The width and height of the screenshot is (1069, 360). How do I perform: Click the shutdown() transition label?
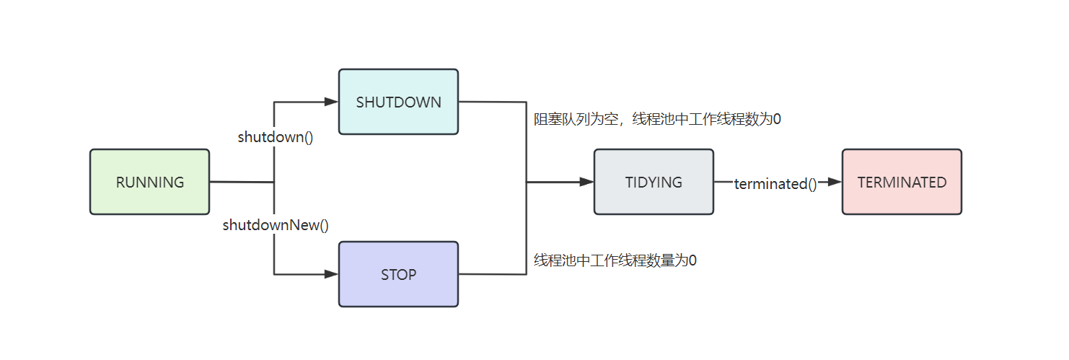coord(276,137)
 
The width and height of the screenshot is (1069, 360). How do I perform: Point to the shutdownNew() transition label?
coord(276,225)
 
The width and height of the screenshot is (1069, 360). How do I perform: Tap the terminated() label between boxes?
coord(775,184)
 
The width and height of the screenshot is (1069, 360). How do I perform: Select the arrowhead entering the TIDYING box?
coord(587,183)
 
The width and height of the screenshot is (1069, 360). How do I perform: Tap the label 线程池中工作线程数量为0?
coord(615,260)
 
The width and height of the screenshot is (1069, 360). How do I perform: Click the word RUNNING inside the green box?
coord(150,183)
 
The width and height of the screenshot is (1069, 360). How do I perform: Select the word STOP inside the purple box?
coord(398,275)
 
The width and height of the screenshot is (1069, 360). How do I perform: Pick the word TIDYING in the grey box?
coord(654,183)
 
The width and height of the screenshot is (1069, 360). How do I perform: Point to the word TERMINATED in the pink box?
coord(902,183)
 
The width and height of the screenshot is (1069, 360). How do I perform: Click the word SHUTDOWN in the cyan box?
coord(398,102)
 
